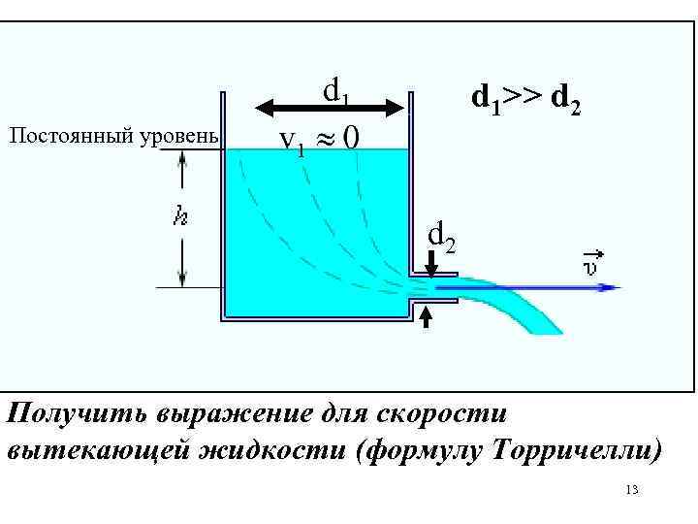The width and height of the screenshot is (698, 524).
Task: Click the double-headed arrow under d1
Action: click(x=333, y=107)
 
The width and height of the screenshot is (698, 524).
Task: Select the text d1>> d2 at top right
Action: click(x=526, y=99)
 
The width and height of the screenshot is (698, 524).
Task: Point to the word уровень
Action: click(x=184, y=135)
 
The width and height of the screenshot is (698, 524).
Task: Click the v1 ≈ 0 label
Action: click(x=319, y=141)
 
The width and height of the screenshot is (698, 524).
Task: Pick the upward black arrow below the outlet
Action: click(x=427, y=318)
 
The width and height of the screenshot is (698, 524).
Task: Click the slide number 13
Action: click(x=632, y=491)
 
